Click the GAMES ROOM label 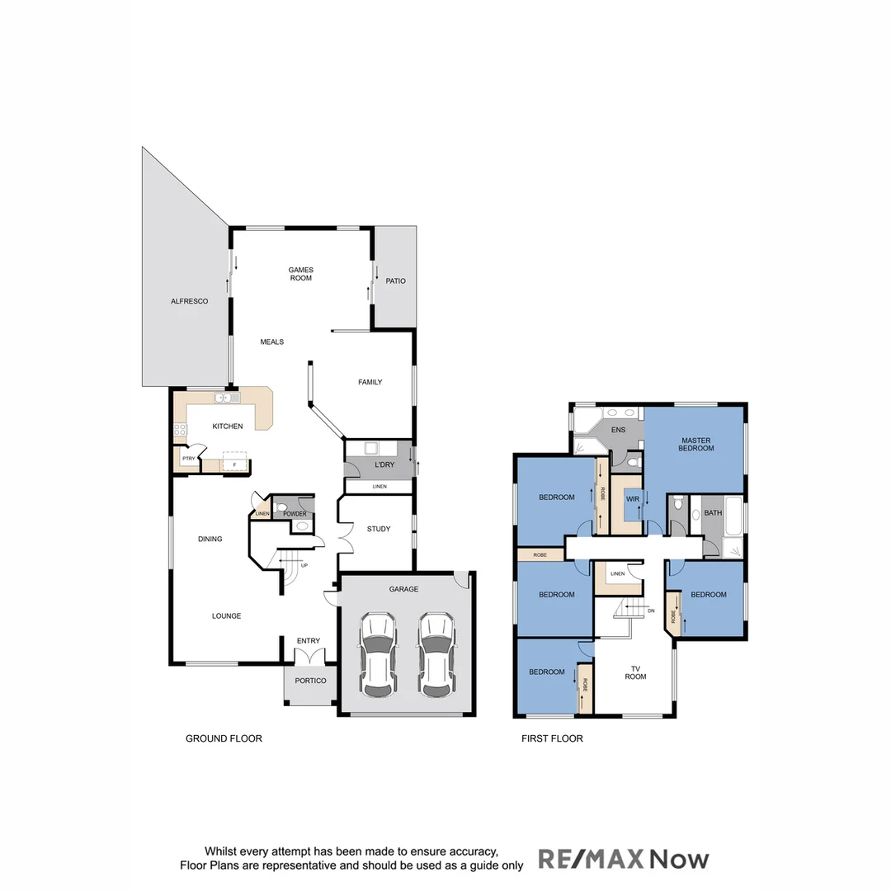tap(300, 274)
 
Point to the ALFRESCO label tap(189, 301)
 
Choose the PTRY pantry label tap(188, 459)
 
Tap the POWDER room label tap(295, 514)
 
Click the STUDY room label tap(379, 529)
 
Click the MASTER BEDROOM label tap(696, 444)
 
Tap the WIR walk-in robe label tap(633, 499)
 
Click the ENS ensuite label tap(618, 430)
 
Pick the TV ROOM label tap(635, 672)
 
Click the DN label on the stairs tap(650, 611)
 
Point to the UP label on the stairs tap(304, 565)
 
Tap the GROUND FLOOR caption tap(224, 738)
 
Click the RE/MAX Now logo tap(624, 859)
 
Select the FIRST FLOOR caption tap(552, 738)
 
